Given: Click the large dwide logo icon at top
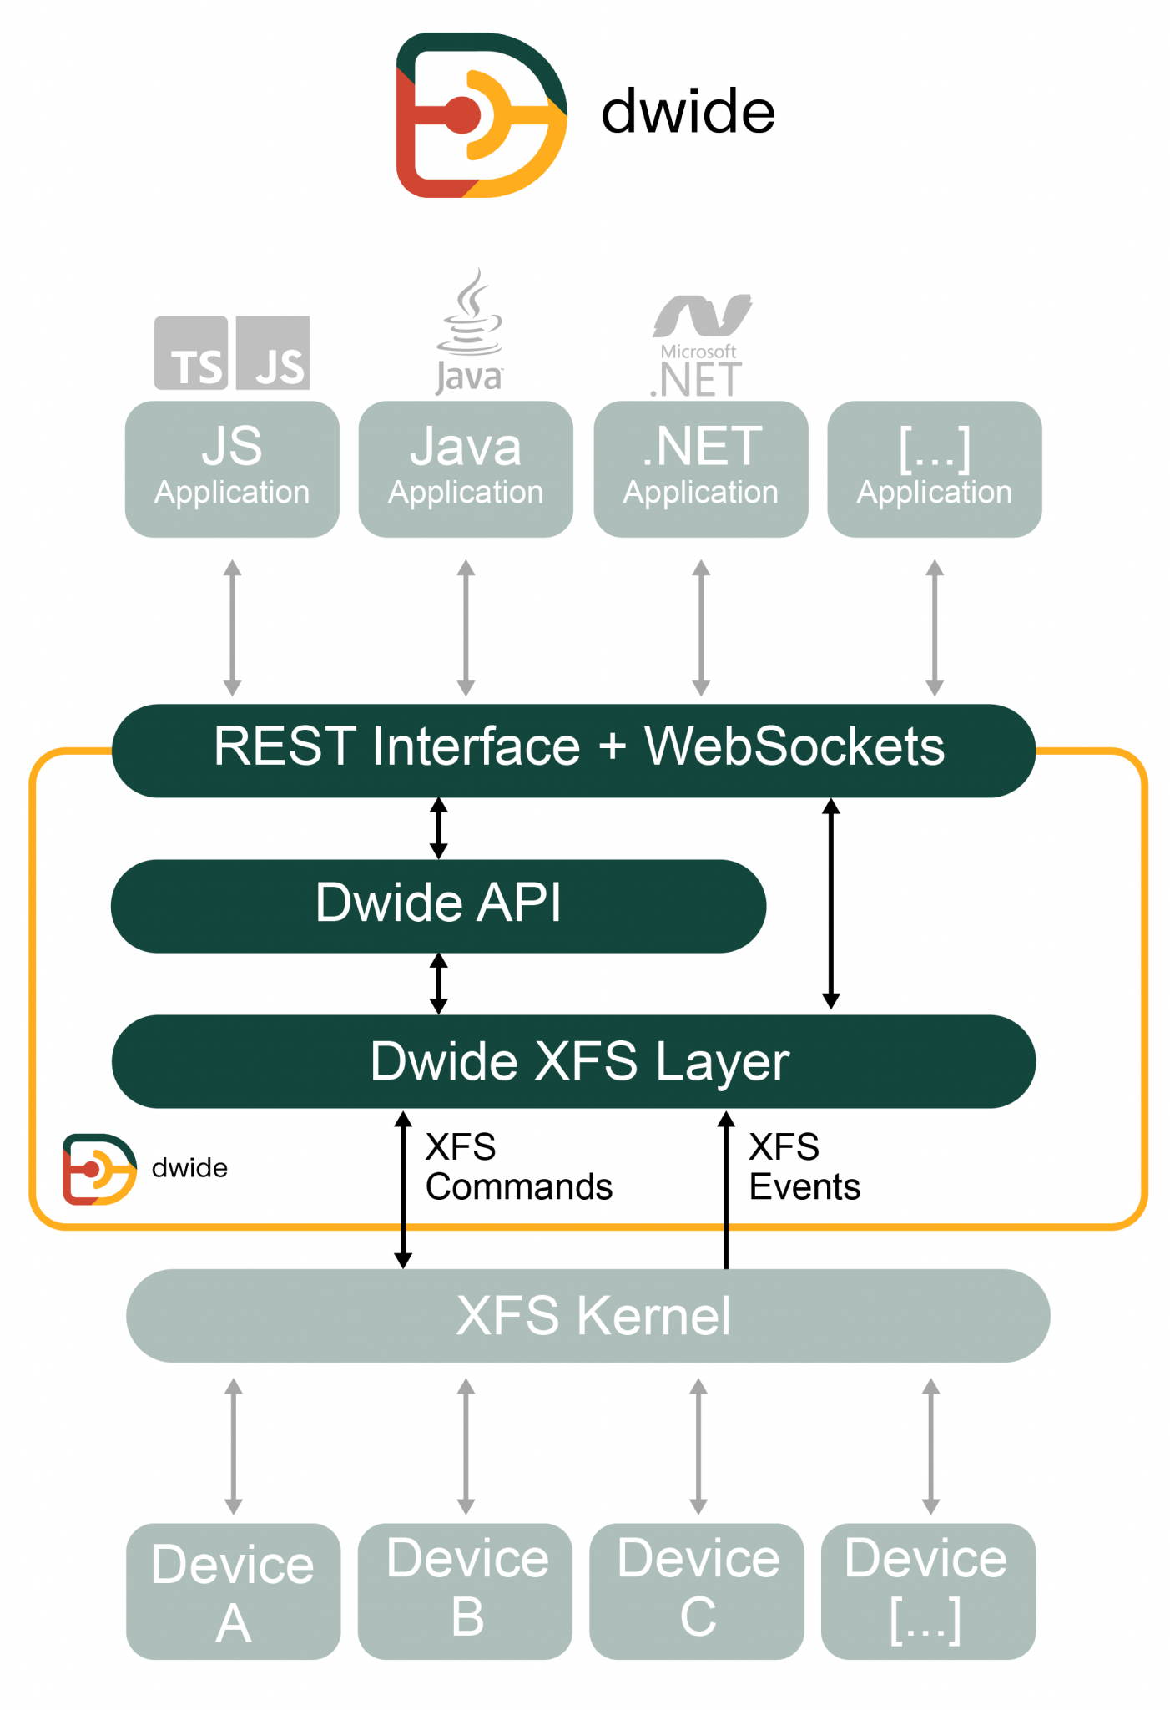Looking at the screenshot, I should click(x=482, y=115).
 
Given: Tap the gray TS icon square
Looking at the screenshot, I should click(x=191, y=353).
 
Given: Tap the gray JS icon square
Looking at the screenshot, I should click(x=273, y=353).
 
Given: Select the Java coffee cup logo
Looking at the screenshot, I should click(x=470, y=330).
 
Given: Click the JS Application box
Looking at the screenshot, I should click(x=232, y=469).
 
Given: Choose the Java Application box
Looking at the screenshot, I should click(x=466, y=469).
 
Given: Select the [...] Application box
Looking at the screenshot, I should click(x=935, y=469).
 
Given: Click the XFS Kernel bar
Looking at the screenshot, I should click(x=588, y=1316).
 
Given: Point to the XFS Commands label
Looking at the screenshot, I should click(x=518, y=1167).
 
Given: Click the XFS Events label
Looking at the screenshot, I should click(x=804, y=1167).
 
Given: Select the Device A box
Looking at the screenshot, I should click(x=234, y=1591).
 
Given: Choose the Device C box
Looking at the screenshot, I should click(x=697, y=1591).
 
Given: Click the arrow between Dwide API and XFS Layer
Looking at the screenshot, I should click(x=438, y=984).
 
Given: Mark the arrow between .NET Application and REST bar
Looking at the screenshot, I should click(x=701, y=627).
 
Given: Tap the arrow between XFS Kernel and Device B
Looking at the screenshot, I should click(x=466, y=1446).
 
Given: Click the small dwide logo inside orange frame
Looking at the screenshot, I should click(x=99, y=1169).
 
